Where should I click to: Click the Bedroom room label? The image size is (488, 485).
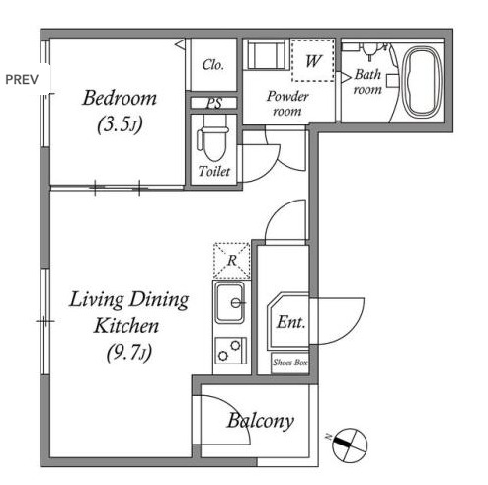[120, 98]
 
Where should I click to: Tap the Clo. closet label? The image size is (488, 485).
[213, 65]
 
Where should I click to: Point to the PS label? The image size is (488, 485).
[214, 103]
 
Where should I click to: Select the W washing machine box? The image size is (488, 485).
[313, 60]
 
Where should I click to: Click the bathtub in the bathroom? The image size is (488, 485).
[423, 82]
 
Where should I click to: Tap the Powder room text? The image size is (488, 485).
[287, 104]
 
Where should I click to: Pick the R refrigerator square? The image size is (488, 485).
[232, 261]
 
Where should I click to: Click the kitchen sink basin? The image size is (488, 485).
[230, 303]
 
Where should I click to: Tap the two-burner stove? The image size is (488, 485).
[231, 351]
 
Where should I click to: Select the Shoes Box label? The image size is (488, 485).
[289, 363]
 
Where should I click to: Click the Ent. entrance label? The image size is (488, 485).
[290, 322]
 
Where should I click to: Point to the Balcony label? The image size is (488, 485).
[261, 421]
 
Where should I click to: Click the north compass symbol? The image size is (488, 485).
[350, 445]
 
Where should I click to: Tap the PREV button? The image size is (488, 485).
[22, 80]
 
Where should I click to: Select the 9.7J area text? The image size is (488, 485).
[129, 353]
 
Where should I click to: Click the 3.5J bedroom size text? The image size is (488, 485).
[120, 124]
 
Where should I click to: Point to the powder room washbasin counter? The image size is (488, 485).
[266, 54]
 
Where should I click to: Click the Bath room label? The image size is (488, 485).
[368, 82]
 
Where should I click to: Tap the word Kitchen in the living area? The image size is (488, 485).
[126, 326]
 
